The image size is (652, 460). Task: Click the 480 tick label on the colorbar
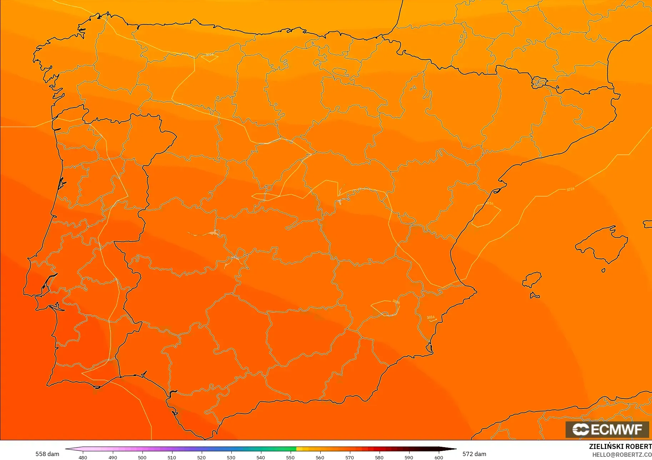(83, 457)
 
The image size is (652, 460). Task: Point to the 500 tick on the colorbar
(142, 457)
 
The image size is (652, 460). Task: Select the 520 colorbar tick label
(201, 457)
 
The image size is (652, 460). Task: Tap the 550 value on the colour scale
(290, 457)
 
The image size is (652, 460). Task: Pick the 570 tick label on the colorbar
(350, 457)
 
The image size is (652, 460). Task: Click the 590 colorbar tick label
(409, 457)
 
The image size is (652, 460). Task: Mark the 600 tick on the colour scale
(439, 457)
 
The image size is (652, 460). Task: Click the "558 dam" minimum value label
(47, 454)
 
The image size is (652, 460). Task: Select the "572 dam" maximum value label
(474, 454)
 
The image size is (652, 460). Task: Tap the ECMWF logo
(607, 429)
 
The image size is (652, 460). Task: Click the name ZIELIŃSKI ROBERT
(620, 446)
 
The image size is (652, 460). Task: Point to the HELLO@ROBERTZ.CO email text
(622, 455)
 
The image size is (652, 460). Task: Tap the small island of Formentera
(534, 295)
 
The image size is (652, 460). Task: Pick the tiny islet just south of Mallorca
(603, 270)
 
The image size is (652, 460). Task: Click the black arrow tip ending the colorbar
(453, 449)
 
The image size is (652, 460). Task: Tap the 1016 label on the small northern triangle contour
(210, 55)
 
